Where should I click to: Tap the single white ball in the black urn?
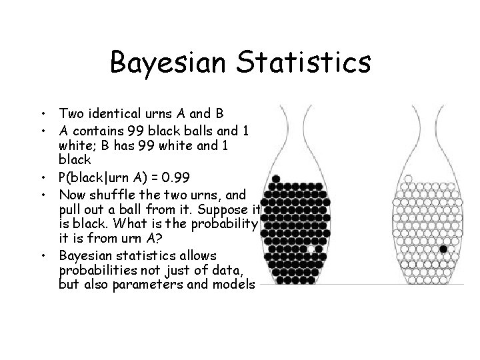(x=310, y=249)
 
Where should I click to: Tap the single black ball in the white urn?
(x=443, y=249)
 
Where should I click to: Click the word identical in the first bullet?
(x=115, y=113)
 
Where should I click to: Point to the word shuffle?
(x=111, y=195)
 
